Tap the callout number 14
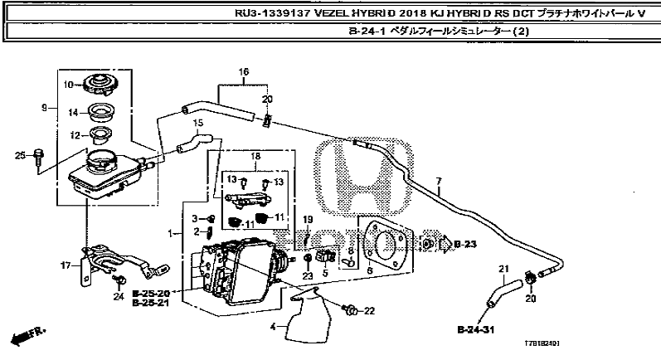coord(72,112)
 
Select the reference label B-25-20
coord(150,294)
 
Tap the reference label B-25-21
coord(150,304)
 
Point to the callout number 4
coord(272,327)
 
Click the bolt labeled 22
coord(351,311)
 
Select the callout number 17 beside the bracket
coord(65,266)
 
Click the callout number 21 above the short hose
coord(502,267)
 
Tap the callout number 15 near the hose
coord(197,123)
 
